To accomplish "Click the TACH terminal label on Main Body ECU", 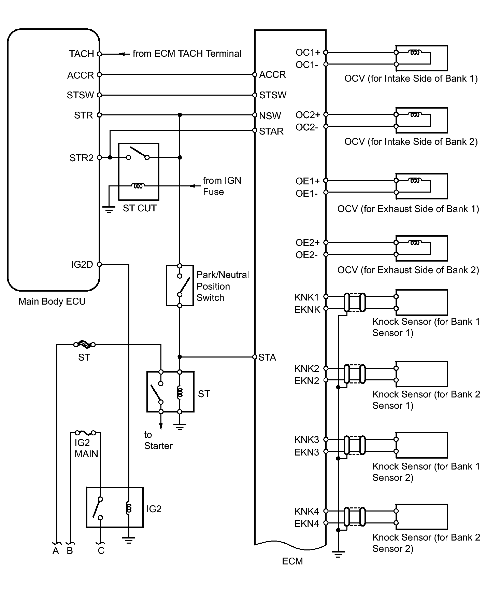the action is (81, 54).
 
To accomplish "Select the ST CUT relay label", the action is (140, 208).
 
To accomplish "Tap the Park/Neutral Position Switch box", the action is (180, 286).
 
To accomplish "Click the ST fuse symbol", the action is (84, 345).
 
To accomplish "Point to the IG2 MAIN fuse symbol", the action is (85, 433).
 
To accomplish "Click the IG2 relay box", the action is (115, 507).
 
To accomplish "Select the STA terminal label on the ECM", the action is (267, 358).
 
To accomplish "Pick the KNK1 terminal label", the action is (306, 297).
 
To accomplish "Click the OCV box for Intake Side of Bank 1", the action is (421, 58).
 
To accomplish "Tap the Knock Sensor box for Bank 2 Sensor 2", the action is (421, 517).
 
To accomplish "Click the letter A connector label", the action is (56, 551).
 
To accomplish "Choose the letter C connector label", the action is (101, 551).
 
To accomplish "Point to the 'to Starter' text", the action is (158, 440).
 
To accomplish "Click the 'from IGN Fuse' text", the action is (222, 186).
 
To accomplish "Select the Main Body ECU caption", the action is (52, 302).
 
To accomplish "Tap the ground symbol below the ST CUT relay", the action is (109, 210).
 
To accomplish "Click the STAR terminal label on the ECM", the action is (271, 131).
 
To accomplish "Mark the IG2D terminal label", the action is (82, 265).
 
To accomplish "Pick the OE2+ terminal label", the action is (308, 243).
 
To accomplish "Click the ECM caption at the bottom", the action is (292, 561).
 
